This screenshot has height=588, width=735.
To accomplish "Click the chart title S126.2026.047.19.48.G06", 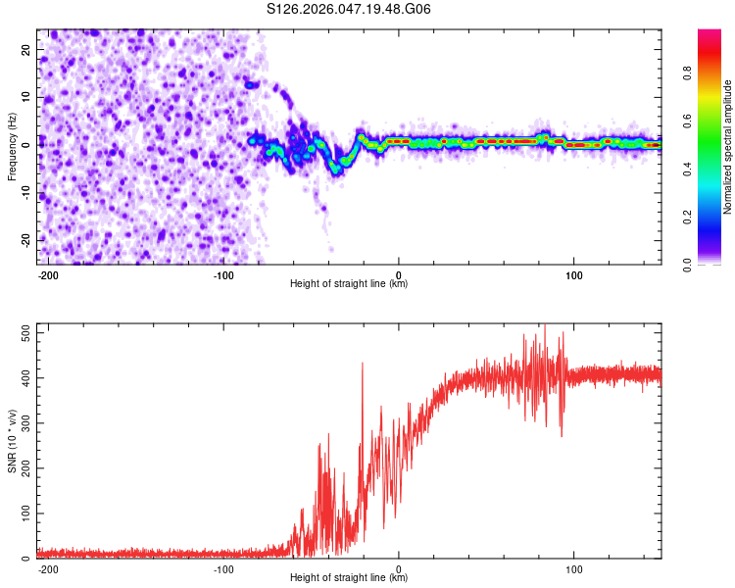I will (x=349, y=9).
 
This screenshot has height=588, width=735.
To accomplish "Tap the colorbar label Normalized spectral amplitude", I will (x=728, y=147).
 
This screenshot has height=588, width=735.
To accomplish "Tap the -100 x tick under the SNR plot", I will (x=223, y=568).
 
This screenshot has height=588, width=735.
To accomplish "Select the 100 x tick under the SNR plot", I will (x=574, y=568).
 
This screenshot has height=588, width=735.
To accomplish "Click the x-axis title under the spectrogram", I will (x=349, y=284).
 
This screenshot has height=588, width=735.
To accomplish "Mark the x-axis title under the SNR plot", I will (x=349, y=578).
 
